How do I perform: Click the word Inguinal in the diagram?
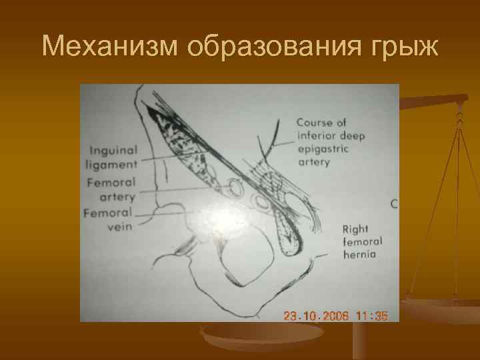click(113, 151)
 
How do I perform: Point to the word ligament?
click(111, 163)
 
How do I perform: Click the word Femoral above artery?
click(111, 182)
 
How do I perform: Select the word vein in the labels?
click(119, 227)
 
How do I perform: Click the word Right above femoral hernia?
click(355, 229)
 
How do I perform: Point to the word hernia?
click(359, 255)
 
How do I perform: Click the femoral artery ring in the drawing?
click(236, 189)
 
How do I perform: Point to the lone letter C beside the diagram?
click(394, 204)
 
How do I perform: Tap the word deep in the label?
click(352, 136)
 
